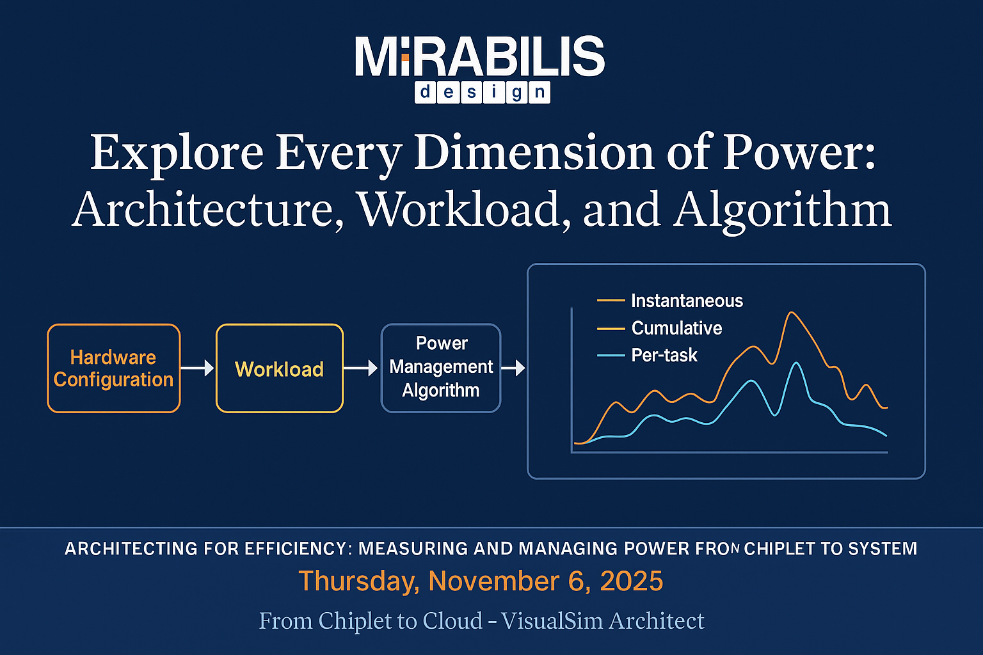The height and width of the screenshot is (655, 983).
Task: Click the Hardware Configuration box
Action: click(x=114, y=368)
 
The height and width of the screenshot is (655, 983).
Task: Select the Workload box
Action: click(x=280, y=368)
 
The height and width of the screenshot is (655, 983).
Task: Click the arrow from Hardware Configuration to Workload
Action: click(x=197, y=368)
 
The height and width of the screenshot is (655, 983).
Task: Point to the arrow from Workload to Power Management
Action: click(x=361, y=368)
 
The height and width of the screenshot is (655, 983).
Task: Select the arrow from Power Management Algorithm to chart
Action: click(x=513, y=368)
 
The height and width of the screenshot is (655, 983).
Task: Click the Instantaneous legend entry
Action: click(x=686, y=301)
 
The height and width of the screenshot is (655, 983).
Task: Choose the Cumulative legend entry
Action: click(x=676, y=328)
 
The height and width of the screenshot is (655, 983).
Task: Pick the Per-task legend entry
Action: click(x=664, y=356)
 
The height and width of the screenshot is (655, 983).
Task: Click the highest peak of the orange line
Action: click(x=792, y=313)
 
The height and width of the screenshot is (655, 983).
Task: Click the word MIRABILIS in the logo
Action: click(x=480, y=58)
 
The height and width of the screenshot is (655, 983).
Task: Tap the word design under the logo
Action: click(x=482, y=93)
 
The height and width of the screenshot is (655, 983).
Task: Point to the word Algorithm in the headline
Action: click(x=782, y=210)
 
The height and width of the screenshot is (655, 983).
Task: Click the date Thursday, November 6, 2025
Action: click(x=481, y=581)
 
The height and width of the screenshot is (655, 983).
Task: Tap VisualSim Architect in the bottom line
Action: click(x=602, y=620)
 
